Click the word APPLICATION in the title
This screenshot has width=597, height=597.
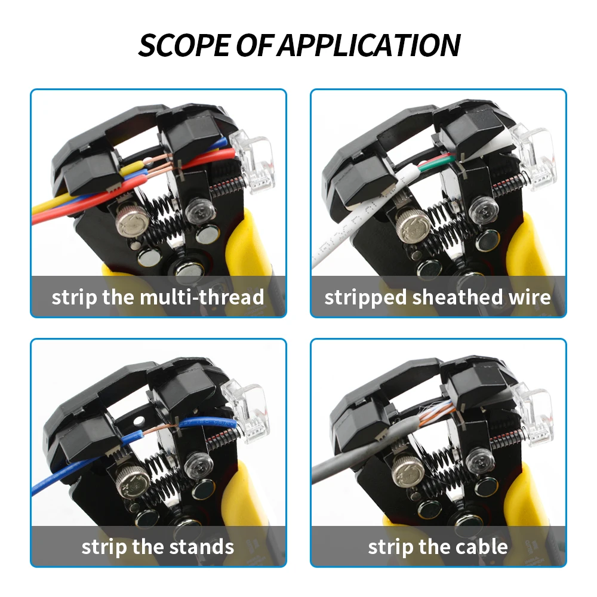370,45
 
